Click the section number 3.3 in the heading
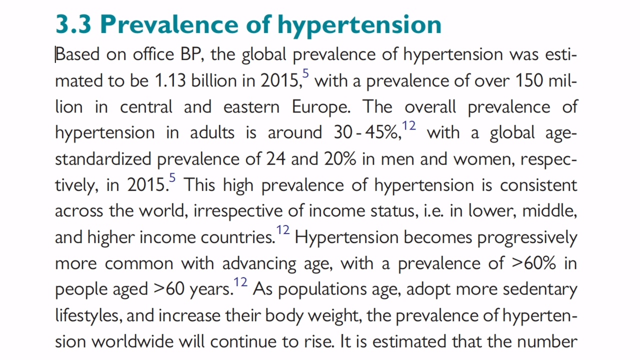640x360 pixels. click(73, 24)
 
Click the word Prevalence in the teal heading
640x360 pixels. click(169, 24)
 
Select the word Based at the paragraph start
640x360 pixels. click(77, 54)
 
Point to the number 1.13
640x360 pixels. click(170, 80)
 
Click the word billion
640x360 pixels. click(214, 80)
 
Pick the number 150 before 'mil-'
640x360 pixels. click(529, 80)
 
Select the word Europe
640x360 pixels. click(321, 107)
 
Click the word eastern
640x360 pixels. click(251, 107)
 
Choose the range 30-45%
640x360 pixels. click(367, 133)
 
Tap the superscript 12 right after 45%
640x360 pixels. click(409, 125)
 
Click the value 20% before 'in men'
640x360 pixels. click(340, 159)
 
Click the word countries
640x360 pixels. click(238, 237)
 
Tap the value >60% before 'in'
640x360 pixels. click(533, 263)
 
